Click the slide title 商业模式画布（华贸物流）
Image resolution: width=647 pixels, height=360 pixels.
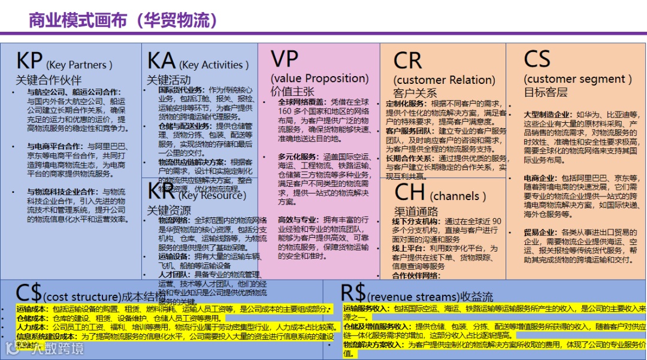[123, 20]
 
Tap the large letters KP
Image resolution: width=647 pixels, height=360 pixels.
[29, 61]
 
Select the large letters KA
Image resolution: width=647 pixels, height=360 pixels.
[161, 61]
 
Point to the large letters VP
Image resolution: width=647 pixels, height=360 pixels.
[285, 59]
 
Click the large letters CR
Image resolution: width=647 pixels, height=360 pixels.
[408, 61]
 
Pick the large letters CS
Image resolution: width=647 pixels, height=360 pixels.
[537, 59]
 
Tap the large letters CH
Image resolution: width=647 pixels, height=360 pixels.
[410, 193]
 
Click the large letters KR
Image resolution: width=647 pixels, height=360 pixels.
[161, 191]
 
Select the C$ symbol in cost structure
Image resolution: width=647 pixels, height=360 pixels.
[29, 294]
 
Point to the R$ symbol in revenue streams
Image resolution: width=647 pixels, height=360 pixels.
[353, 293]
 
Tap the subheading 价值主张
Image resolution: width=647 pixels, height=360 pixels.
[292, 92]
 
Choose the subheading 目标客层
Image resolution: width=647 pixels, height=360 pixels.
[545, 92]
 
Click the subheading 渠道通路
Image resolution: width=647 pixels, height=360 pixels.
[416, 211]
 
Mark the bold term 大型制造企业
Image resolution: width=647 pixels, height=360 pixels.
[546, 114]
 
